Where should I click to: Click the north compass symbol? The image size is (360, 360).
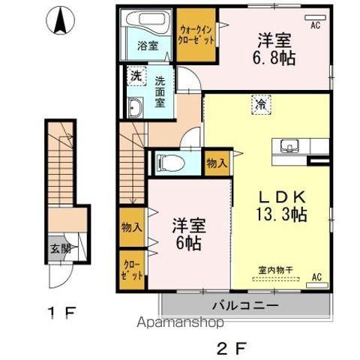point(58,20)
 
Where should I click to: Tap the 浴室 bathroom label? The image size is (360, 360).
point(147,46)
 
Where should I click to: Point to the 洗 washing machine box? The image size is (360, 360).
point(136,76)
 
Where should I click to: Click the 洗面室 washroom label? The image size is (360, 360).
point(160,89)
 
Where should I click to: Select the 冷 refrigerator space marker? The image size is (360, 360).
point(259,105)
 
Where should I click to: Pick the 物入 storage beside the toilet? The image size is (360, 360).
point(216,163)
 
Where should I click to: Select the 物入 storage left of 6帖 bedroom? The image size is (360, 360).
point(131,226)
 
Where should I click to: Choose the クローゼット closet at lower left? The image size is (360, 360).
point(132,270)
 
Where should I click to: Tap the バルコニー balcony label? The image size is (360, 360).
point(244,306)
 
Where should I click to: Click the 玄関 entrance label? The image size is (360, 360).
point(60,250)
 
